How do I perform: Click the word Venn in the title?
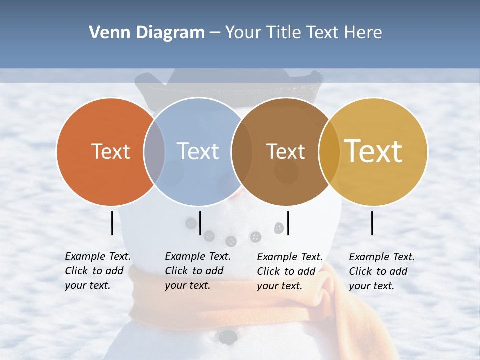(x=106, y=33)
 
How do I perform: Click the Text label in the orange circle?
(x=110, y=151)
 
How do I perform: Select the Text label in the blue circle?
(x=198, y=151)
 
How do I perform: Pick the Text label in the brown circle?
(x=285, y=151)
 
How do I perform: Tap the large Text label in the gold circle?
(x=373, y=151)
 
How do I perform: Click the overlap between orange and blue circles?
(x=154, y=151)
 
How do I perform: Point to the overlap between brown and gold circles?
(x=329, y=151)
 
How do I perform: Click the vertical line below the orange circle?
(x=112, y=223)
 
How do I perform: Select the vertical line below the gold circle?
(x=372, y=223)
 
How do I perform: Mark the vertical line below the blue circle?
(x=200, y=223)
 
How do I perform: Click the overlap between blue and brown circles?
(x=242, y=151)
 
